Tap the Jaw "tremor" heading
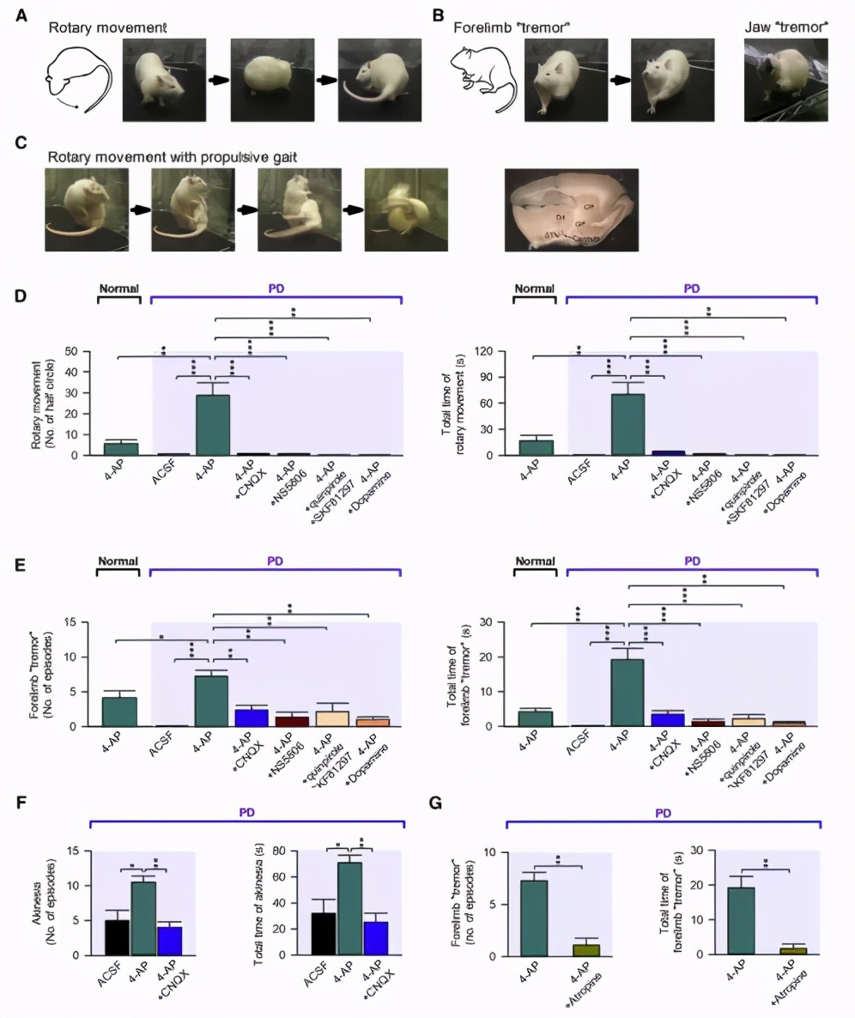785,28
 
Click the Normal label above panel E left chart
118,561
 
